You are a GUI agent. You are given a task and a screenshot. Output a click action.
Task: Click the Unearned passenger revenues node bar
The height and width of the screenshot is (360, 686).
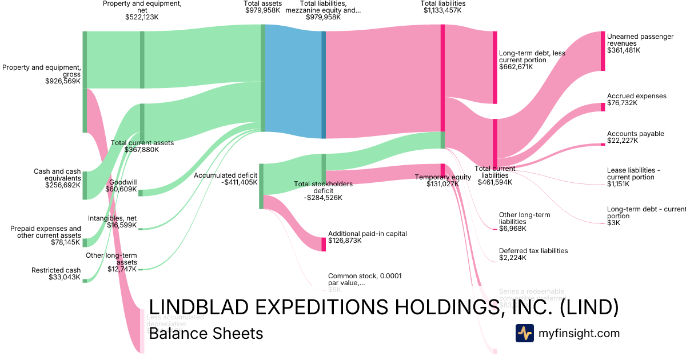[x=603, y=51]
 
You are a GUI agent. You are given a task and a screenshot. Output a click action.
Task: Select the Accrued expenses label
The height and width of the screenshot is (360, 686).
[x=636, y=96]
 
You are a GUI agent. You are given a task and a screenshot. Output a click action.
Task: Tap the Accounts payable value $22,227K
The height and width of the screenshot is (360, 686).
[x=623, y=141]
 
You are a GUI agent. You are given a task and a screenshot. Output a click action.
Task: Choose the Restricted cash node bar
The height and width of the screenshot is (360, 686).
[x=85, y=280]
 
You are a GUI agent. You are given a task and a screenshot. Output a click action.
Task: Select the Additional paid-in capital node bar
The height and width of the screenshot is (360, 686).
[x=324, y=244]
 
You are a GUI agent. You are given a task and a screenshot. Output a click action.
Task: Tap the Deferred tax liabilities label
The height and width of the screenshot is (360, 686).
[x=533, y=251]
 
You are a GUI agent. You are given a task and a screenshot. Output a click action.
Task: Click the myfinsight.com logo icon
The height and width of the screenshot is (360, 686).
[x=524, y=333]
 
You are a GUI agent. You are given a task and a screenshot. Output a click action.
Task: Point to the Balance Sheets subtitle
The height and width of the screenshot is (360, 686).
[x=206, y=333]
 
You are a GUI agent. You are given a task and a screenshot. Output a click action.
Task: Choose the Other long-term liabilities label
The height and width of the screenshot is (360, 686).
[x=524, y=218]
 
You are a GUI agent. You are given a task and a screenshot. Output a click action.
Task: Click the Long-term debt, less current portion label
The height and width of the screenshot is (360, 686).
[x=532, y=57]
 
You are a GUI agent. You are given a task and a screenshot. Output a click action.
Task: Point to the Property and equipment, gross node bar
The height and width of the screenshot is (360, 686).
[x=85, y=82]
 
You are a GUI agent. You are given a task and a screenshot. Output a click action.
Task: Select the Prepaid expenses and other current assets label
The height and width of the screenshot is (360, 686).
[x=46, y=232]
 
